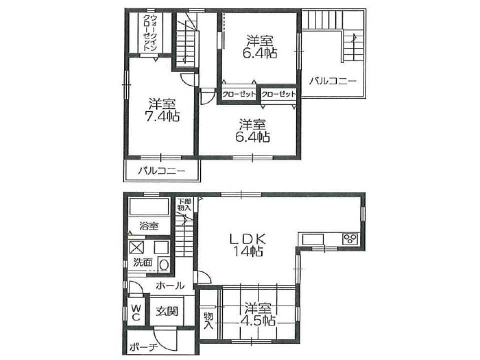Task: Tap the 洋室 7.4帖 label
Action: pyautogui.click(x=162, y=110)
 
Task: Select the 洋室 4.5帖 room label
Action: pyautogui.click(x=257, y=314)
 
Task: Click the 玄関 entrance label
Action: pyautogui.click(x=166, y=312)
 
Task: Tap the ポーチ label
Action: pyautogui.click(x=143, y=347)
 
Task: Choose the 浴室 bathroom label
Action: pyautogui.click(x=149, y=226)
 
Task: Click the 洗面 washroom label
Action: pyautogui.click(x=142, y=262)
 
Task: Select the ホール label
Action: pyautogui.click(x=170, y=286)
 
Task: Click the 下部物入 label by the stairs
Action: pyautogui.click(x=184, y=204)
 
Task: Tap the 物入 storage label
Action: pyautogui.click(x=208, y=320)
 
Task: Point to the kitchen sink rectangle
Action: pyautogui.click(x=313, y=239)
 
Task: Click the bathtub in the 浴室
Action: pyautogui.click(x=149, y=207)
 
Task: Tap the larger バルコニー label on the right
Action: pyautogui.click(x=332, y=81)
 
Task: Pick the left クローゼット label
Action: pyautogui.click(x=238, y=94)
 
